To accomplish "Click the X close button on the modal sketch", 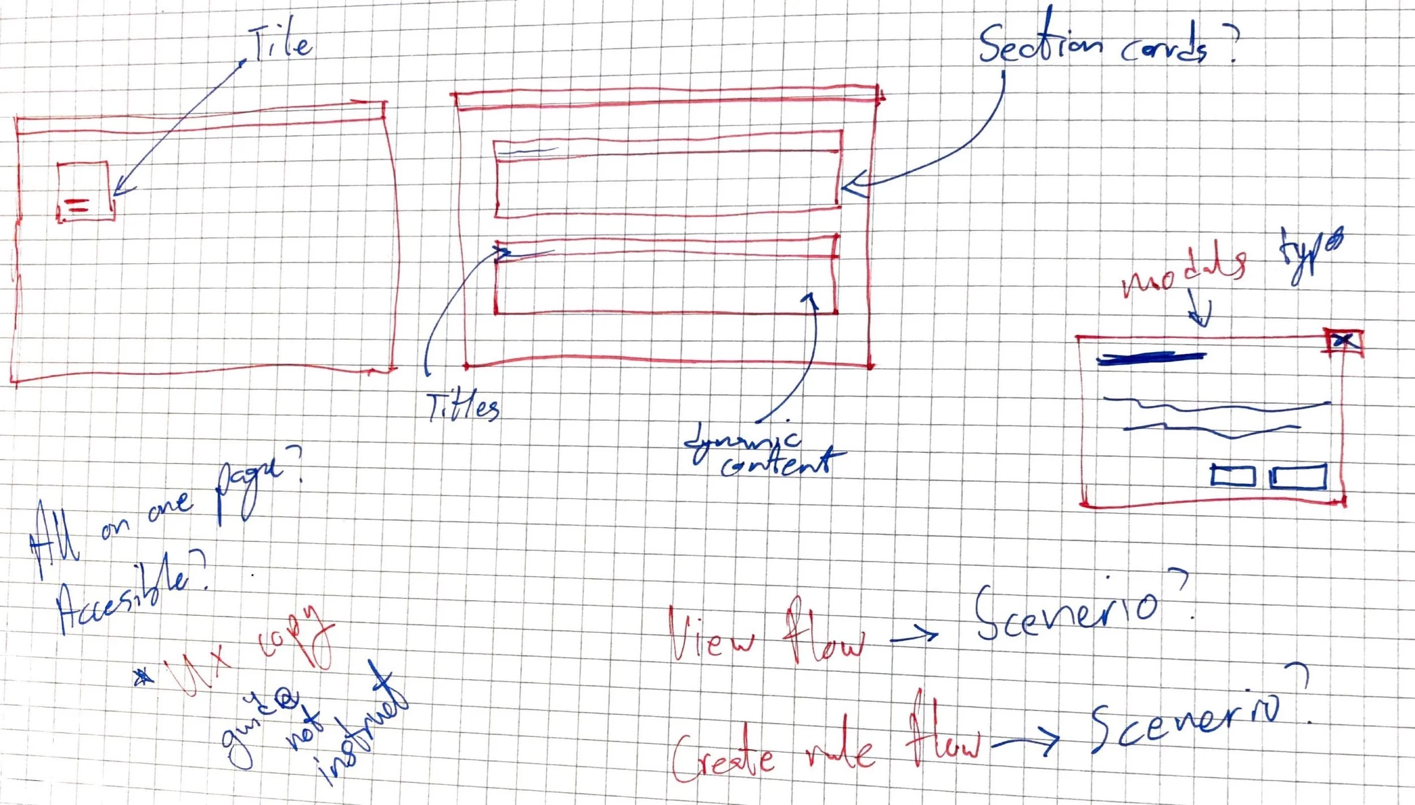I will (1344, 341).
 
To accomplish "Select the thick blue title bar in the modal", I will (1152, 358).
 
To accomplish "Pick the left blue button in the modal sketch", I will (1233, 476).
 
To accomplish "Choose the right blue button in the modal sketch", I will (1297, 477).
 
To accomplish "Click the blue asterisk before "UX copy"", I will (144, 676).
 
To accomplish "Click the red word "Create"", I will (722, 753).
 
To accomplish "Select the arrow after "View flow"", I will (914, 636).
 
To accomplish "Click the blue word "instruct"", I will (362, 730).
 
